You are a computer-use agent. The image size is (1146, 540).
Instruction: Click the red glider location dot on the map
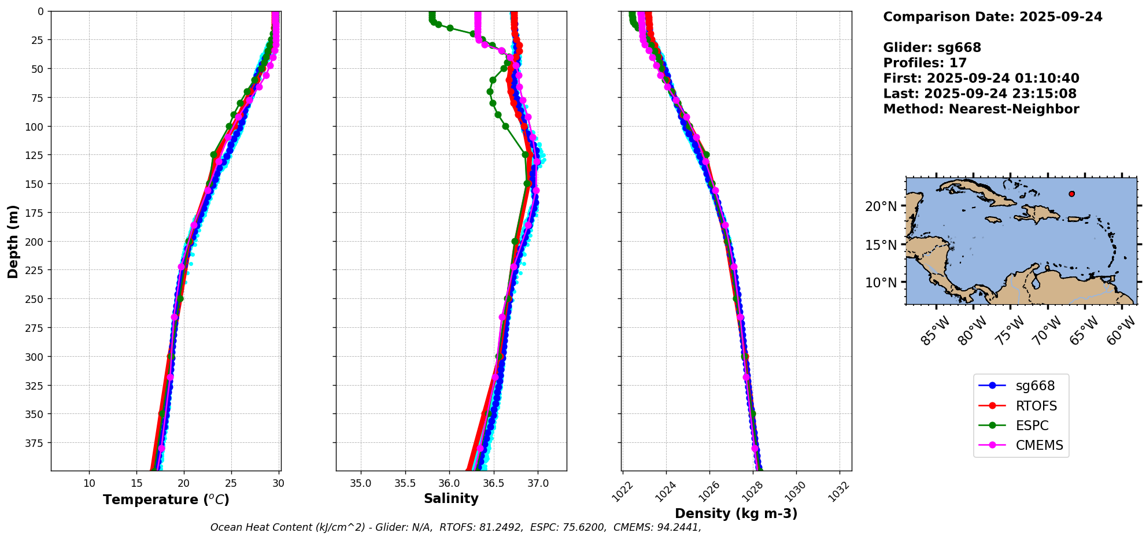pos(1071,194)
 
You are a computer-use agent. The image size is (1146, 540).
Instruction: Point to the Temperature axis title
pos(166,500)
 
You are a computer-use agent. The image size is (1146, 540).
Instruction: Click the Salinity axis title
pos(451,498)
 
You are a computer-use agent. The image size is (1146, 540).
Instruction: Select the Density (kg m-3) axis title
pos(736,513)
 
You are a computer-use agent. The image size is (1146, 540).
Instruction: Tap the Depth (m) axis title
pos(13,241)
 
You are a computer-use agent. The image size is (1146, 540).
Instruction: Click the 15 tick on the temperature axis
pos(136,483)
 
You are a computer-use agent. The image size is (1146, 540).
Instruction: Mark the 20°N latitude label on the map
pos(881,206)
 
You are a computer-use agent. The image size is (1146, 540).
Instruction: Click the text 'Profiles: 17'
pos(925,63)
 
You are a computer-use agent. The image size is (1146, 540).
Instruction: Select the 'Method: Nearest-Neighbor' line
pos(981,109)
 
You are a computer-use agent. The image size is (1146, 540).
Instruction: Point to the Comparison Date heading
pos(992,17)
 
